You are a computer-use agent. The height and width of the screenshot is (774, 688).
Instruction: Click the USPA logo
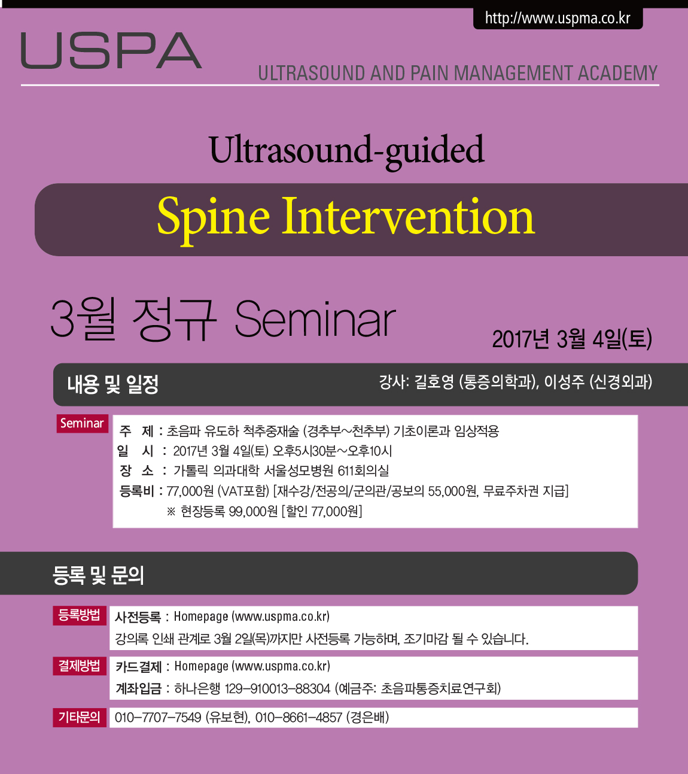(x=111, y=50)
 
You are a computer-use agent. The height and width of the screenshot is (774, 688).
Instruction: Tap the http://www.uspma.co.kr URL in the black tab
(x=558, y=19)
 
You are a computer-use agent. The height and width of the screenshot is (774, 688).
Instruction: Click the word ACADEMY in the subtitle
(x=617, y=73)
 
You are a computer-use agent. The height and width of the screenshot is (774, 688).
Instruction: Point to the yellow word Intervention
(x=408, y=216)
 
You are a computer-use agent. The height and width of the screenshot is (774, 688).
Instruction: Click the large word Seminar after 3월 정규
(x=315, y=319)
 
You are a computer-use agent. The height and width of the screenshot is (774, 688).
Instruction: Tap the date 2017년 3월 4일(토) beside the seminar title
(x=572, y=339)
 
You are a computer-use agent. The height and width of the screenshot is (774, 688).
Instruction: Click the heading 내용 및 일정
(x=112, y=384)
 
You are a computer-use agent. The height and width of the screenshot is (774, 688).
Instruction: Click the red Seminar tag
(x=82, y=423)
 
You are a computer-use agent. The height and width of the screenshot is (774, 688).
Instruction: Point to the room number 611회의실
(x=363, y=471)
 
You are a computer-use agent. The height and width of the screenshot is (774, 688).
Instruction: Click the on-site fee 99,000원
(x=253, y=511)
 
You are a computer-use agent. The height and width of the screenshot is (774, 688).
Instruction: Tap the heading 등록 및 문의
(x=98, y=575)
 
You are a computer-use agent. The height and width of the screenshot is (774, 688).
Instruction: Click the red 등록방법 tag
(x=80, y=615)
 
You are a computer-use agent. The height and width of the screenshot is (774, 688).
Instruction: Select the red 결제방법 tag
(x=80, y=666)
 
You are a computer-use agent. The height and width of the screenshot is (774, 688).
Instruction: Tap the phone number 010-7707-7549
(x=158, y=718)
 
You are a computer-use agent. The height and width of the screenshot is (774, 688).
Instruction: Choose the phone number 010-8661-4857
(x=299, y=718)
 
